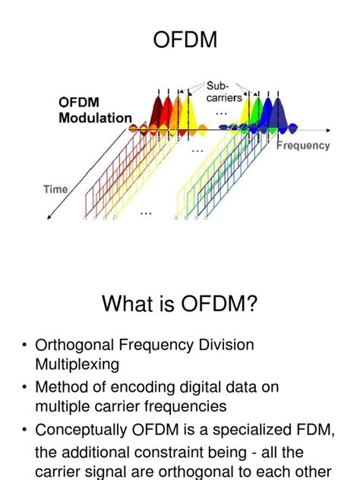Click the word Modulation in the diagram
95,118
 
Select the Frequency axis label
302,145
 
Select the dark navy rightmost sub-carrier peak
281,114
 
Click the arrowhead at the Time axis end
49,218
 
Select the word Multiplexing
77,364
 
